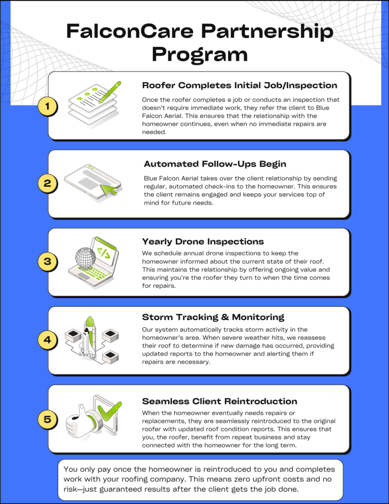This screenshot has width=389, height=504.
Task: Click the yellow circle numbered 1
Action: coord(48,105)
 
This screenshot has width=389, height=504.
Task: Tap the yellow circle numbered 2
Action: coord(48,184)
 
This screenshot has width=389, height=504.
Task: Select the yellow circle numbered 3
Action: coord(48,261)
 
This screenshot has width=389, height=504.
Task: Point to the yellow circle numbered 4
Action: coord(48,340)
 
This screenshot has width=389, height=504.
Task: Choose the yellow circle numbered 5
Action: coord(48,419)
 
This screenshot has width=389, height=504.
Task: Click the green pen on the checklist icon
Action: coord(109,92)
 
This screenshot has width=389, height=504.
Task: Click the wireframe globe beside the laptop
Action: coord(85,256)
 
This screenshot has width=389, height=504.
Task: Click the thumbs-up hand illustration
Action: coord(82,419)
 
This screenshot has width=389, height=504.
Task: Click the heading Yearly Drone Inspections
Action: coord(203,242)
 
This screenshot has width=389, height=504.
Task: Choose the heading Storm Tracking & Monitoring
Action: coord(213,317)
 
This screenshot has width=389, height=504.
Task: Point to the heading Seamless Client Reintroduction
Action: coord(219,401)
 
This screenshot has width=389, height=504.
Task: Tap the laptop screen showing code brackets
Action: coord(104,253)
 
